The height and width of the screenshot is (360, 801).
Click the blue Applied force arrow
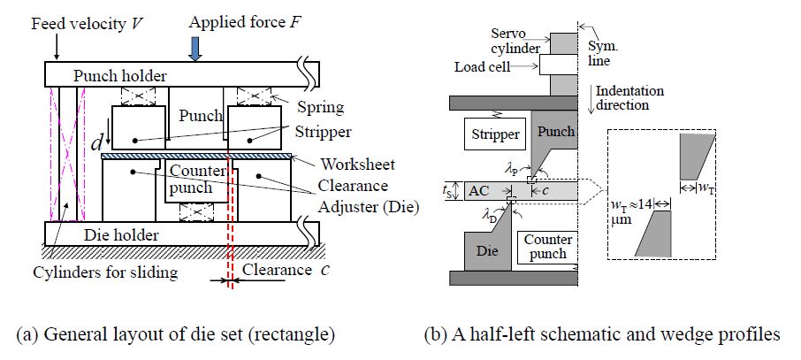[x=195, y=50]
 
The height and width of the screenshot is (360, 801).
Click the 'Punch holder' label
[x=119, y=75]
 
